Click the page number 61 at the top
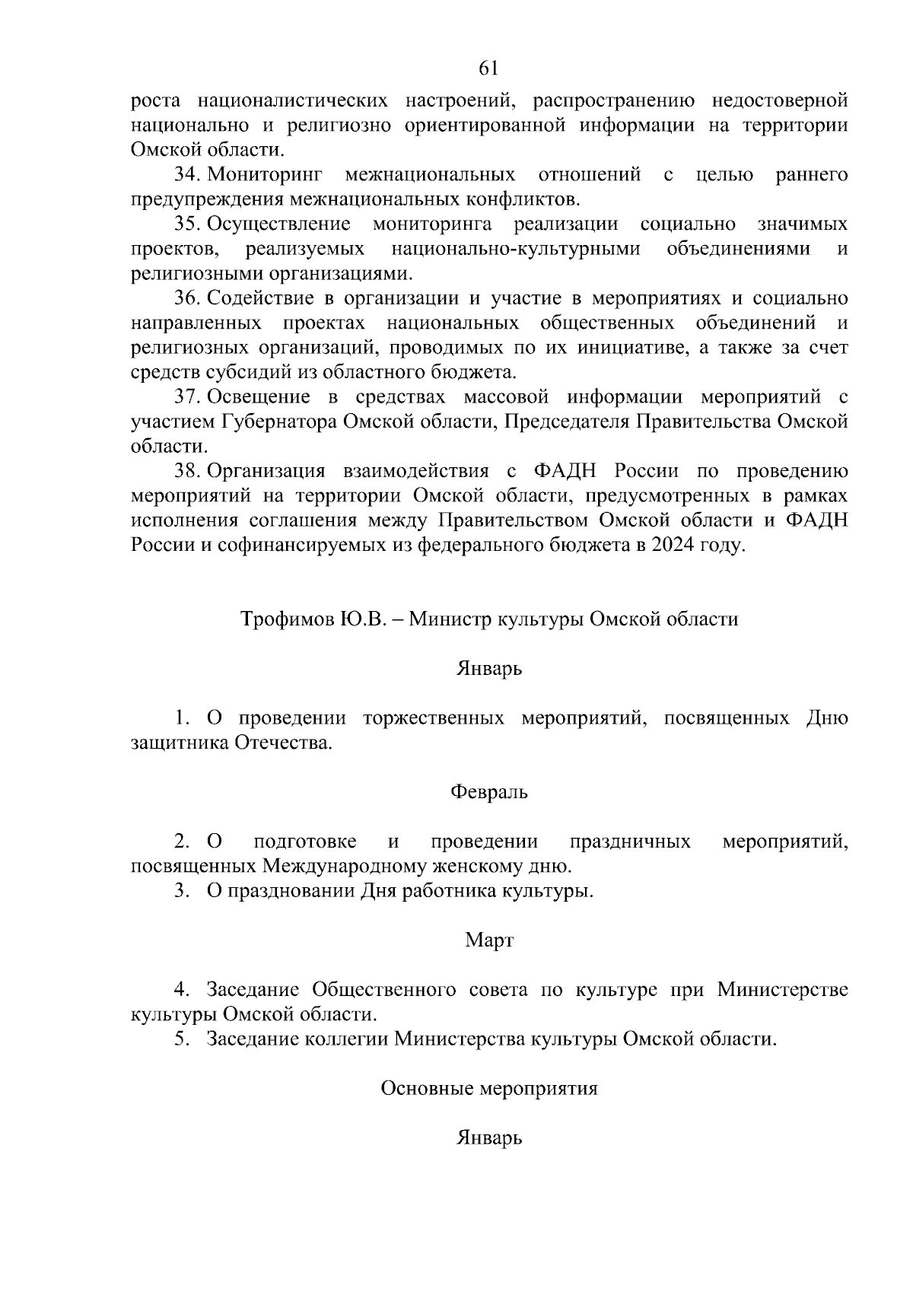coord(488,68)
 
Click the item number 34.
coord(186,175)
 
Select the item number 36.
coord(186,298)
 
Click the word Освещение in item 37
coord(259,396)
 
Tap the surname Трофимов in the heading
coord(284,619)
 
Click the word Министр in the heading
coord(450,619)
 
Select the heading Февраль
coord(488,792)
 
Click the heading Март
coord(489,940)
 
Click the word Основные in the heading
coord(426,1088)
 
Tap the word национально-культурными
coord(515,249)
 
